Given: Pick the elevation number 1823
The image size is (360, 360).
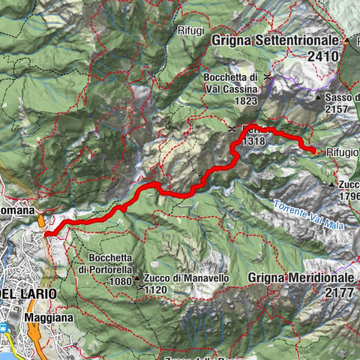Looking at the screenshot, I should point(244,102).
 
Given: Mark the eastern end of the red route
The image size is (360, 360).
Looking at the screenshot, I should point(313,151).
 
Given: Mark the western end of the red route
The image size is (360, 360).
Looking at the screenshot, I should point(46,234).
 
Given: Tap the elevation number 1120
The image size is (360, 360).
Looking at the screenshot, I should point(155,289).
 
